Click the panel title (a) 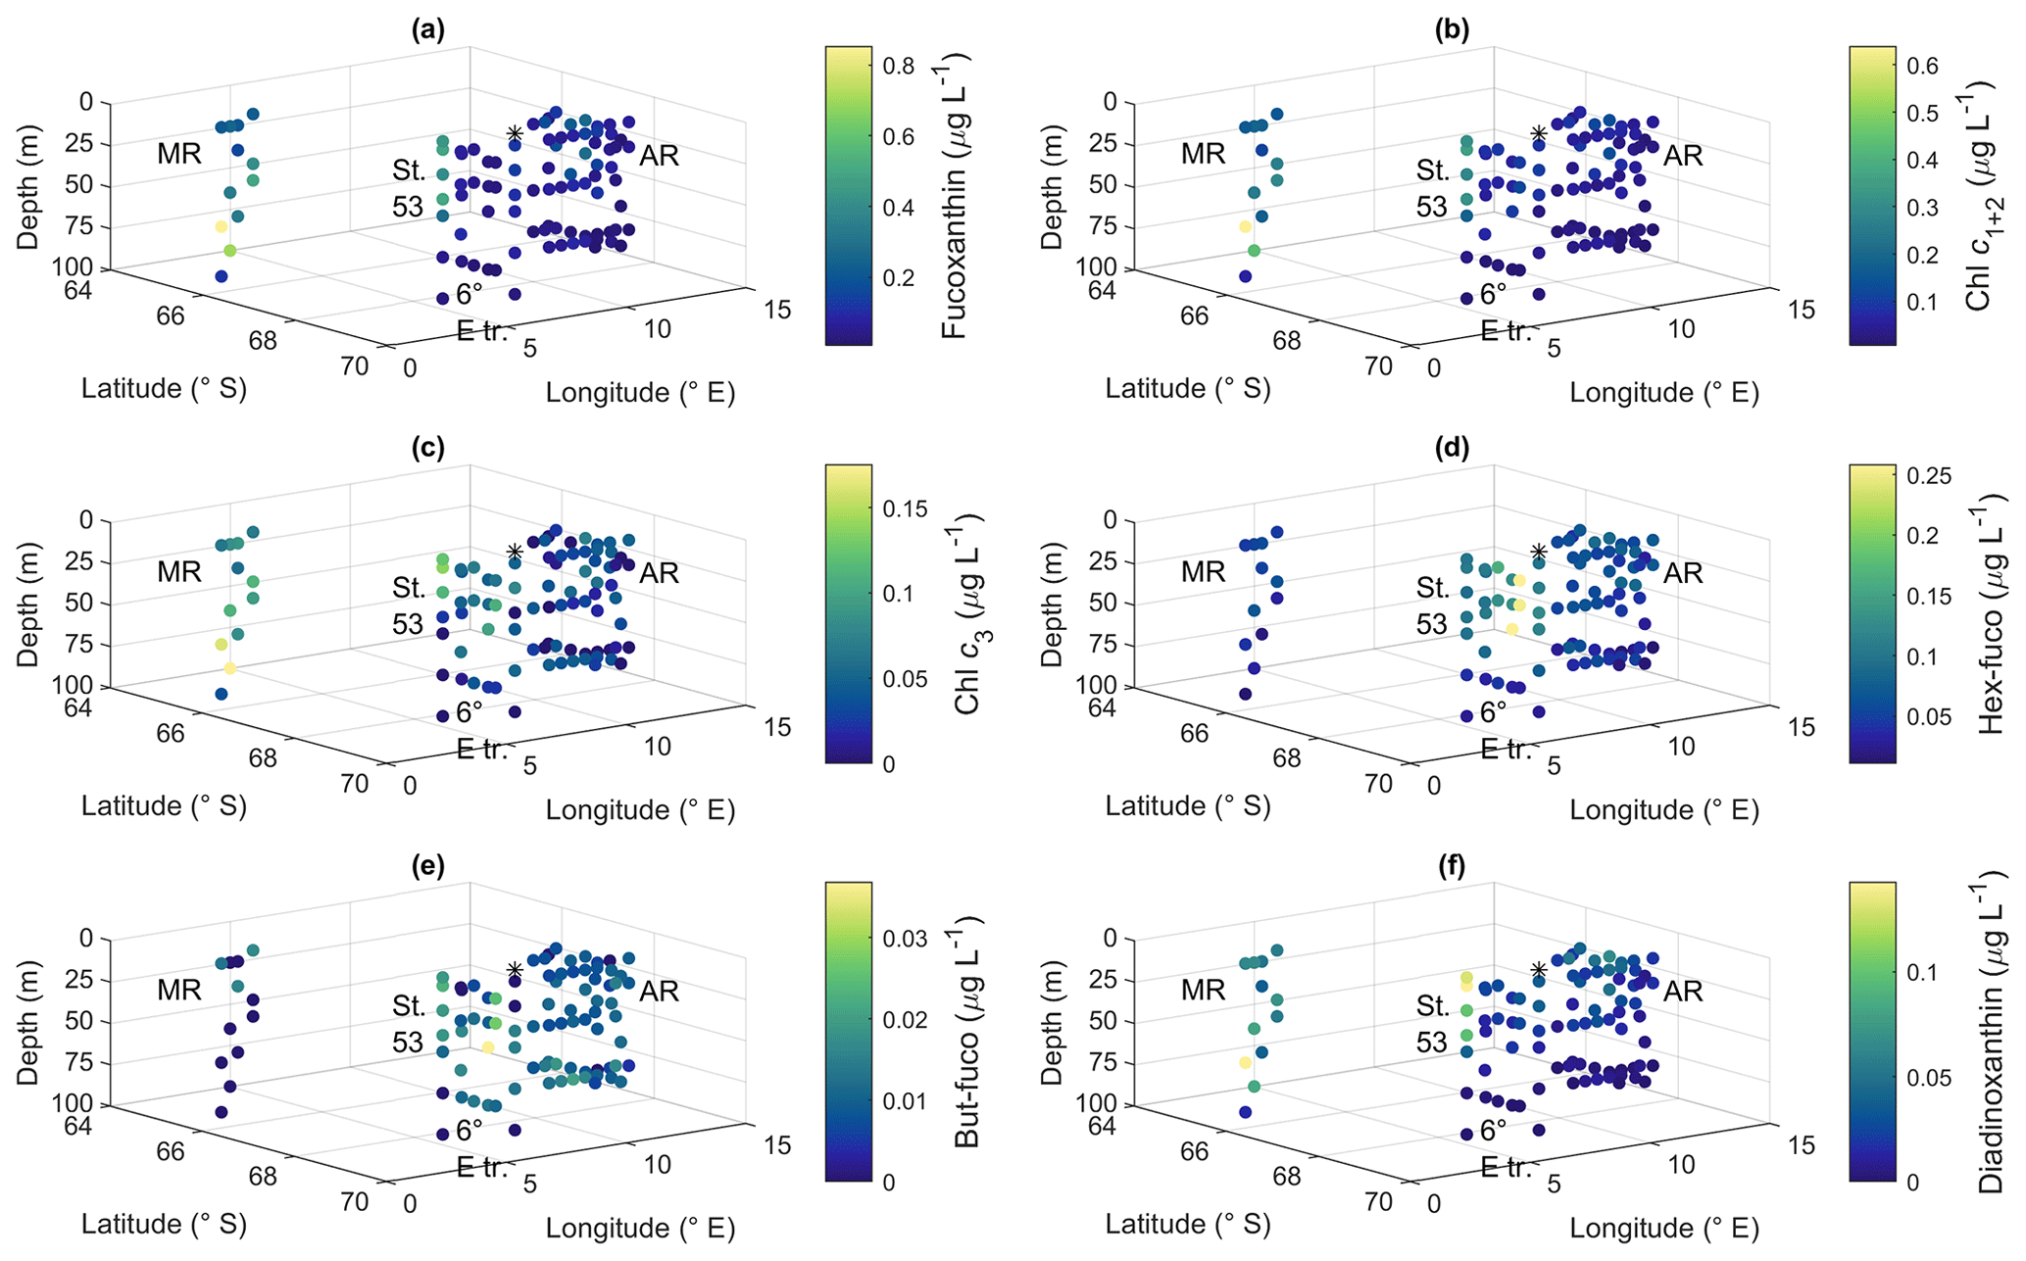[x=428, y=30]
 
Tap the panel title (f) [x=1452, y=866]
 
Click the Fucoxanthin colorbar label [x=954, y=196]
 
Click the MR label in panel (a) [x=178, y=154]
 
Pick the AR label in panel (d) [x=1683, y=572]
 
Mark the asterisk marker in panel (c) [x=515, y=552]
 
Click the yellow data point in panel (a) [x=222, y=227]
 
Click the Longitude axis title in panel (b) [x=1663, y=393]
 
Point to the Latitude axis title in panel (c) [x=164, y=806]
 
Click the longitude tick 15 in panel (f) [x=1801, y=1144]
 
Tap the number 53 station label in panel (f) [x=1432, y=1043]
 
